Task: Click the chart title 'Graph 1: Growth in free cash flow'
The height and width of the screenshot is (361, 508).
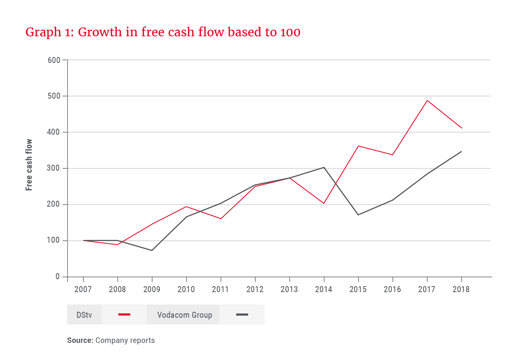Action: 163,32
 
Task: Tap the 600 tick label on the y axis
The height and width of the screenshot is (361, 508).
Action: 54,60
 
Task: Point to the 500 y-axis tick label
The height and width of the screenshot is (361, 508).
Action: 54,96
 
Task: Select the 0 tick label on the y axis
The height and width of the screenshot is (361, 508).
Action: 58,277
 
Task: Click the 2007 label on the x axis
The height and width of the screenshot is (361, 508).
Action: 83,289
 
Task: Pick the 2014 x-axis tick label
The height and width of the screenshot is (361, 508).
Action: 324,289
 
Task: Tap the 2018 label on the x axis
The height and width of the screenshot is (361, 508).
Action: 461,289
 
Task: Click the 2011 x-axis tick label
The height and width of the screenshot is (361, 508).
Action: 220,289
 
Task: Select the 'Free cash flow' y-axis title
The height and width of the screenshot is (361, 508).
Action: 29,165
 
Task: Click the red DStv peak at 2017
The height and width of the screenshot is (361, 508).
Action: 427,100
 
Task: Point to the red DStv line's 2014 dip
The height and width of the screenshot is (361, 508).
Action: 324,203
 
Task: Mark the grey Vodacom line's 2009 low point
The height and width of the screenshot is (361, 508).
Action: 152,250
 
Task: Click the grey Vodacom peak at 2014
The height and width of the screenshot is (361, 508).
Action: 324,167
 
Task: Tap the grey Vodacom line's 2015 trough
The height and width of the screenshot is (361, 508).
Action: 358,215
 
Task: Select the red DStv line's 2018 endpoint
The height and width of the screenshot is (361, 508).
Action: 462,128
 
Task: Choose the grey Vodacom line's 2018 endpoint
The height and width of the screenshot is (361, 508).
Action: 462,151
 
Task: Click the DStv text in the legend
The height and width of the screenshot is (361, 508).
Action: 84,315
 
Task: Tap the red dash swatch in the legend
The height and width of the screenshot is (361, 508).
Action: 124,314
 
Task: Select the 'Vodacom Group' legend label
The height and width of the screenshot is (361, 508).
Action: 185,315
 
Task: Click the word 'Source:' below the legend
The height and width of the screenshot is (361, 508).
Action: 80,340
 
